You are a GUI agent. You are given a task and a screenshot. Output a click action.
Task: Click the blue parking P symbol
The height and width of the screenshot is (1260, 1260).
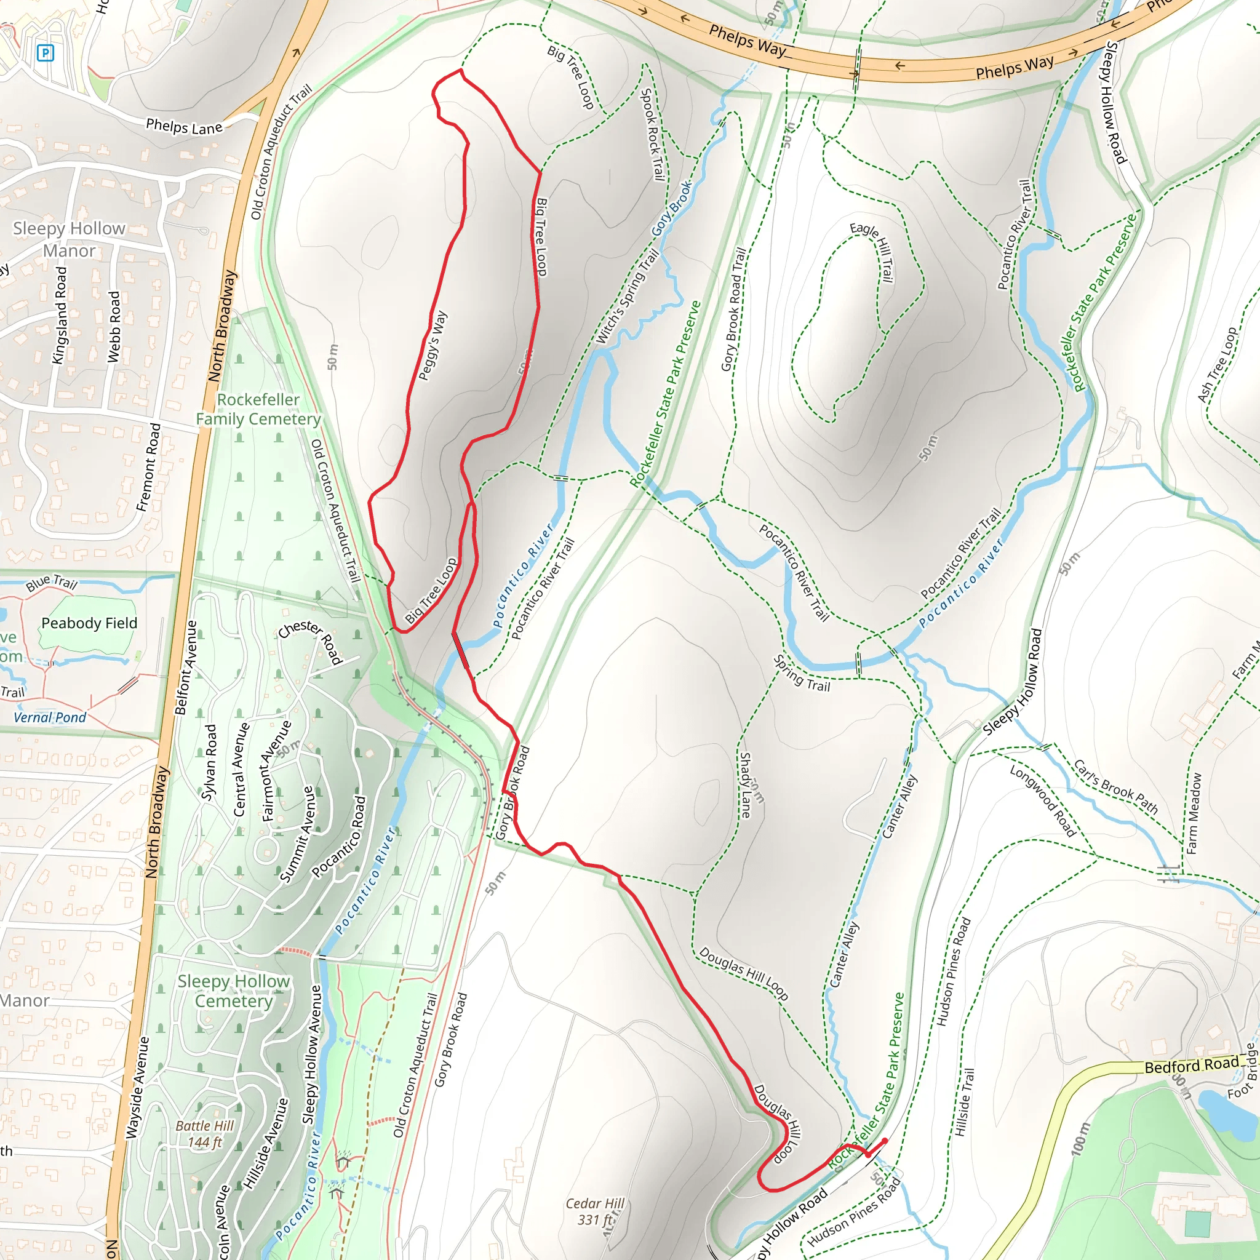[x=45, y=53]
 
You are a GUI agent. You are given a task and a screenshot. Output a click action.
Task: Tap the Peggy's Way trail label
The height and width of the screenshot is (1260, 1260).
[x=433, y=346]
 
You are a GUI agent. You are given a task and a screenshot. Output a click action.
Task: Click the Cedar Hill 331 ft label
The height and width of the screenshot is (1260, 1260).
[x=594, y=1211]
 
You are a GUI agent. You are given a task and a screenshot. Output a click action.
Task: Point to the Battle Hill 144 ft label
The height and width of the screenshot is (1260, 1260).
[x=204, y=1133]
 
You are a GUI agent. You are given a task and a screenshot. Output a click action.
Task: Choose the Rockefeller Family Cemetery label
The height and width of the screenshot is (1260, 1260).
[x=258, y=409]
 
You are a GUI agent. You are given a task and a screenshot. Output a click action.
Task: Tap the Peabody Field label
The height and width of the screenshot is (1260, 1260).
[x=89, y=623]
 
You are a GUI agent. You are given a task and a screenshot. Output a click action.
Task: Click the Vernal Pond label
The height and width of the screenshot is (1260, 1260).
[x=50, y=717]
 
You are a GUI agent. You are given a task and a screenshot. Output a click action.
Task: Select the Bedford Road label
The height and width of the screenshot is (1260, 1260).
[x=1191, y=1064]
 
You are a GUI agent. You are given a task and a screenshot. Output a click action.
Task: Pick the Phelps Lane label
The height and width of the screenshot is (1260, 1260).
[x=184, y=127]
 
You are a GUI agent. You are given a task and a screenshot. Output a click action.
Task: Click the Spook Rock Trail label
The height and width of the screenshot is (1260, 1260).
[x=653, y=134]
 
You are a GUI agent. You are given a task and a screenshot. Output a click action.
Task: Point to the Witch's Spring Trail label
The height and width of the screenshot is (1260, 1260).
[x=628, y=297]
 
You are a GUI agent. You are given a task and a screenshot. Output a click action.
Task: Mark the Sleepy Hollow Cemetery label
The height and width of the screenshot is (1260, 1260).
[x=233, y=991]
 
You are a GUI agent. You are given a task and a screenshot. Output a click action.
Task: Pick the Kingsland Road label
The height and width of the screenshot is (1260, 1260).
[x=59, y=315]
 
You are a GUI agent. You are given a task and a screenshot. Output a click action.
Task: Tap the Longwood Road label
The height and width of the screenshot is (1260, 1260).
[x=1042, y=800]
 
